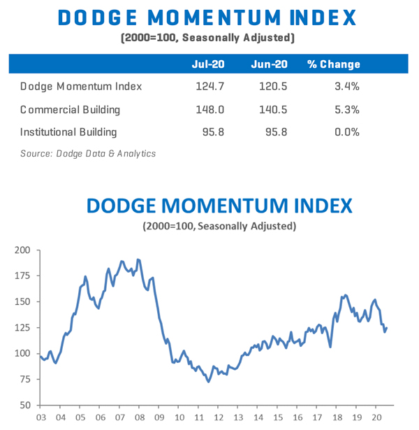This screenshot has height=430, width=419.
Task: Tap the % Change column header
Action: pos(333,64)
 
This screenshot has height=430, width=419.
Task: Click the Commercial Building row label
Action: pos(70,109)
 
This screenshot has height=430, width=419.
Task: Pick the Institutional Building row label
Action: pos(68,131)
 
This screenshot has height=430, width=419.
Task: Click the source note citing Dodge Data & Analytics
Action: pos(88,153)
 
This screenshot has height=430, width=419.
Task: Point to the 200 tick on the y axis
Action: pos(23,250)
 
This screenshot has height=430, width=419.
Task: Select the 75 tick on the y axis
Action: pos(26,380)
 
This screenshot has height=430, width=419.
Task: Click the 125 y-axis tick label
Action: pos(23,327)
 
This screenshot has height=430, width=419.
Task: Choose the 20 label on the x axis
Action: pos(376,417)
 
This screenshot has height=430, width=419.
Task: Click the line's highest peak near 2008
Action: pos(138,259)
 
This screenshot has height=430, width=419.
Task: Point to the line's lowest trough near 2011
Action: pos(208,381)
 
